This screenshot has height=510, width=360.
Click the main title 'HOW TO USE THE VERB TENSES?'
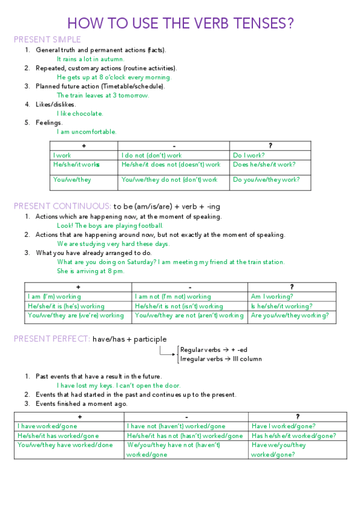(x=180, y=23)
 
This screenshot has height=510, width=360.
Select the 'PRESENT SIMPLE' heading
(x=47, y=40)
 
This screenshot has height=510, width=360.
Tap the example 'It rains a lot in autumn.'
(x=91, y=59)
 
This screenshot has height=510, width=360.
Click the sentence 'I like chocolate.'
(x=80, y=113)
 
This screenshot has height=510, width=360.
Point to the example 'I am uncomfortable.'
(x=87, y=132)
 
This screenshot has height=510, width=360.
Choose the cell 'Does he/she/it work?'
(x=264, y=164)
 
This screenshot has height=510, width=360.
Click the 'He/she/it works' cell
(x=76, y=164)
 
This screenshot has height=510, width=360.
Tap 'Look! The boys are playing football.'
(x=110, y=226)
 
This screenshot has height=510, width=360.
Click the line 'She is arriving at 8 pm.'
(x=91, y=271)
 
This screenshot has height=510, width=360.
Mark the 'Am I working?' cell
(x=272, y=296)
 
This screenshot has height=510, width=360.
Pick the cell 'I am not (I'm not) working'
(x=173, y=296)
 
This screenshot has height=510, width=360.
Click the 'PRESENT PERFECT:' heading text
(x=52, y=339)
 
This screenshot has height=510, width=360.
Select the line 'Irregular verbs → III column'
(x=221, y=359)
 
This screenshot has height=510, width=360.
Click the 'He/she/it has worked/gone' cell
(x=58, y=435)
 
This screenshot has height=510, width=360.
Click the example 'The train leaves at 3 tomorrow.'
(x=103, y=95)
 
